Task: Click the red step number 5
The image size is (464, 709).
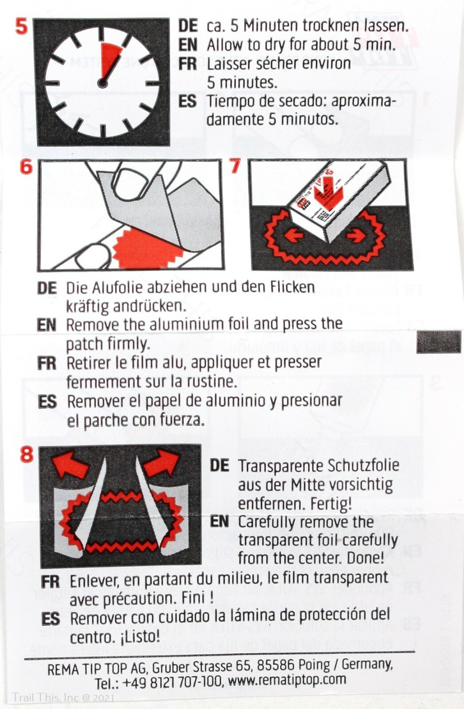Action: point(21,27)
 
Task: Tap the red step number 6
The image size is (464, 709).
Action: point(26,168)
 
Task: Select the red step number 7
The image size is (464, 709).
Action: point(235,167)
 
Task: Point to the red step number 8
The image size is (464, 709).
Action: point(27,454)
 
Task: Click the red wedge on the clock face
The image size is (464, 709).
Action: point(109,60)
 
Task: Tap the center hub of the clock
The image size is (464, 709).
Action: point(102,83)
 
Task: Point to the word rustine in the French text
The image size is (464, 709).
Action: point(210,382)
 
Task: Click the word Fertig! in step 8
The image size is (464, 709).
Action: point(330,504)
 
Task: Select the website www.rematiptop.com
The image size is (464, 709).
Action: point(287,680)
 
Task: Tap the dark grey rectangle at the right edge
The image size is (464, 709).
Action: point(439,342)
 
